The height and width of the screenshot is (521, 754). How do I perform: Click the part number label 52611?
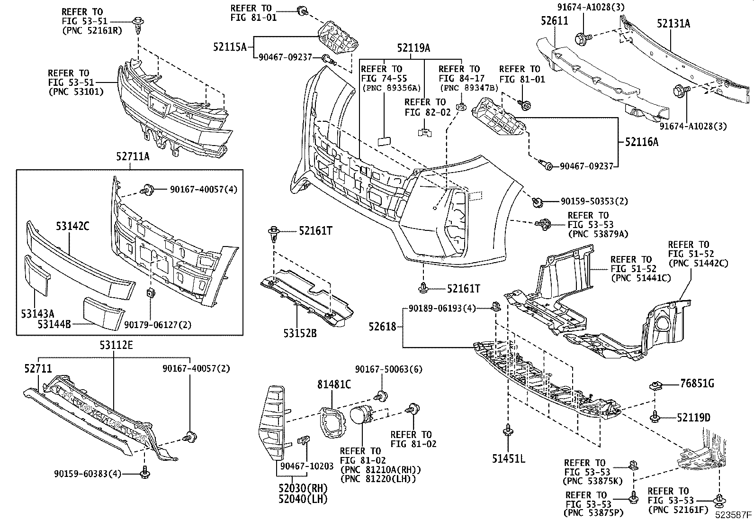(x=555, y=20)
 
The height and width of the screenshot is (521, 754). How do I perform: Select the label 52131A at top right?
(x=673, y=23)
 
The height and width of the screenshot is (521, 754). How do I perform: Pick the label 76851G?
(x=697, y=384)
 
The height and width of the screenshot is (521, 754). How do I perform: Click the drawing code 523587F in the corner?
(x=733, y=514)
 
